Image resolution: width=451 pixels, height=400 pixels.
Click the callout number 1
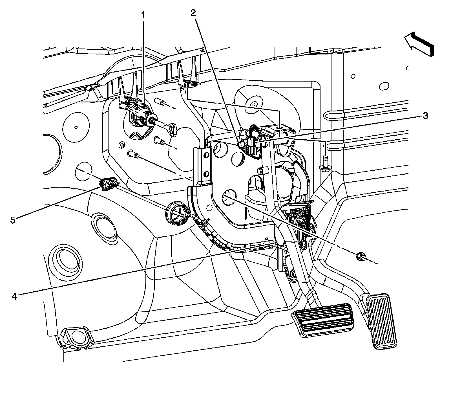click(x=143, y=15)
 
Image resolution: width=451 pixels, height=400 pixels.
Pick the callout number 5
click(x=13, y=220)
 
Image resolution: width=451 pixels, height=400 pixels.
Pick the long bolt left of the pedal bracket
click(x=133, y=154)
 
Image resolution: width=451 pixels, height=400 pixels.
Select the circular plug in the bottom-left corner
click(x=76, y=336)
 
